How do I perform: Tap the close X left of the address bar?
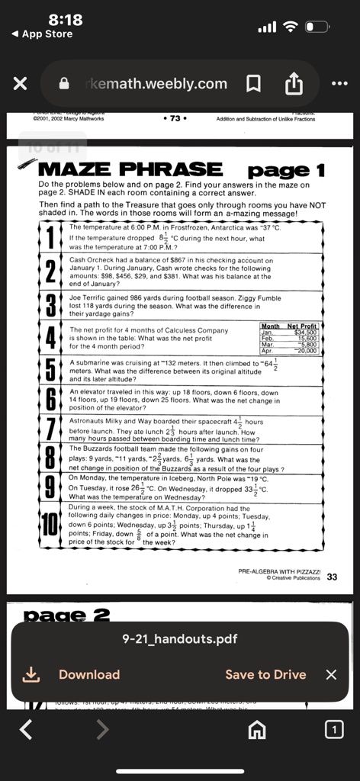(21, 84)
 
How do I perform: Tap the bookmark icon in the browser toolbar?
(255, 84)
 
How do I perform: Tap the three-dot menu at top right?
(339, 84)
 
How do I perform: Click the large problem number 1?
(50, 236)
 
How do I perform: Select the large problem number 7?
(50, 430)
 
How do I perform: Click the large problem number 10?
(50, 525)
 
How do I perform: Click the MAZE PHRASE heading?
(130, 169)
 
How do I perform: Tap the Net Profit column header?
(302, 326)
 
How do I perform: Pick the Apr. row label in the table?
(267, 351)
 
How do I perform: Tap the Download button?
(88, 674)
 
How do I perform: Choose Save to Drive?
(265, 674)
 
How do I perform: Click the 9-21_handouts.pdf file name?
(179, 639)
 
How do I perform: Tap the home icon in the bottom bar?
(258, 731)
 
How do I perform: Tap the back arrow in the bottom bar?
(26, 731)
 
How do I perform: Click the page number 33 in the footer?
(332, 577)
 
